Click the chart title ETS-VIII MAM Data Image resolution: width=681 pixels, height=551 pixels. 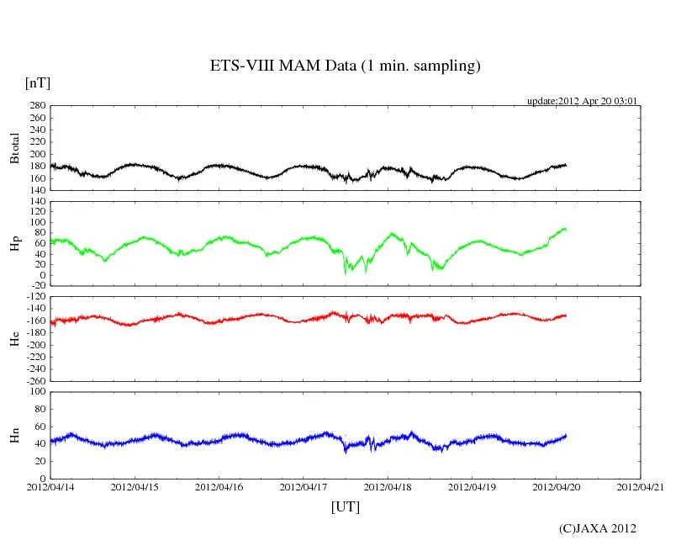[345, 66]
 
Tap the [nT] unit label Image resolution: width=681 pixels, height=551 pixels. [38, 82]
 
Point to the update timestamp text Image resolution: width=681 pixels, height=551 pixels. [582, 101]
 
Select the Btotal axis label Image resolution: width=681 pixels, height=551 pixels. [14, 148]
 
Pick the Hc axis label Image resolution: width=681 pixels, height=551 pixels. [14, 338]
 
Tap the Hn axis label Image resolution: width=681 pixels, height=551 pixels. [14, 435]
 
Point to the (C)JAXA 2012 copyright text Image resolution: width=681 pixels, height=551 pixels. [597, 528]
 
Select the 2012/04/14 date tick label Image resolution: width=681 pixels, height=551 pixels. [51, 487]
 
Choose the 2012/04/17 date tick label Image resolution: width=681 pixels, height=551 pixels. [304, 487]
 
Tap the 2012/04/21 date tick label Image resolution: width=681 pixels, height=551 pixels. [641, 487]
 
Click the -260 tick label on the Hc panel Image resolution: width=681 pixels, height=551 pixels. [34, 380]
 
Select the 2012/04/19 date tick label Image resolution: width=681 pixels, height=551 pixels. [472, 487]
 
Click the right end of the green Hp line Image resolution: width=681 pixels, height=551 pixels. [566, 229]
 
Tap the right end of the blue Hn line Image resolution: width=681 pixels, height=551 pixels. [566, 435]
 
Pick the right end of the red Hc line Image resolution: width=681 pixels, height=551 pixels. [566, 315]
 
